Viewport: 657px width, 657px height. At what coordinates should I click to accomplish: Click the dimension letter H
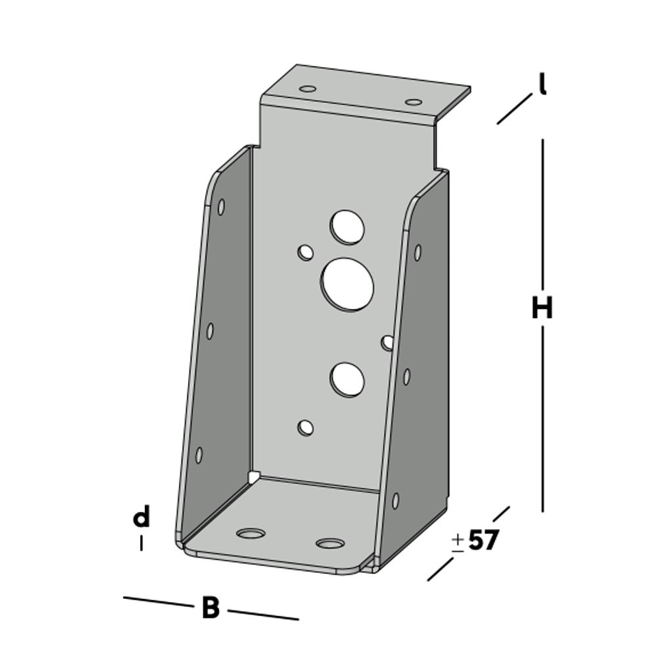coord(542,307)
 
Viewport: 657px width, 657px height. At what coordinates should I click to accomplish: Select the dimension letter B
coord(210,608)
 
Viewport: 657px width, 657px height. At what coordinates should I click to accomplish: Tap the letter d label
coord(141,518)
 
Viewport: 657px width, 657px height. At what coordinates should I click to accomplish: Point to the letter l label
coord(543,85)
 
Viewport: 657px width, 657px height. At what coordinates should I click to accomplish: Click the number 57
coord(484,540)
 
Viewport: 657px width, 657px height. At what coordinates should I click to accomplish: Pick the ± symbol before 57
coord(458,541)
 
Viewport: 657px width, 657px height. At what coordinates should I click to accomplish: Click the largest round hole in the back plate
coord(347,284)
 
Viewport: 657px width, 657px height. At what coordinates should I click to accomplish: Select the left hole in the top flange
coord(307,88)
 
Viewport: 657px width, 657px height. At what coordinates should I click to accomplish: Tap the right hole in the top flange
coord(413,102)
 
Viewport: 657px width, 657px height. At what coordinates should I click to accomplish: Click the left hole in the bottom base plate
coord(250,533)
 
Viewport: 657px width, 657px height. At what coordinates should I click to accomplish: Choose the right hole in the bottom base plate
coord(330,543)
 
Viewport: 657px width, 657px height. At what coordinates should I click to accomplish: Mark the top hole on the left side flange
coord(221,207)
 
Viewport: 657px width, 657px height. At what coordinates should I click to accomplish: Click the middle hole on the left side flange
coord(210,330)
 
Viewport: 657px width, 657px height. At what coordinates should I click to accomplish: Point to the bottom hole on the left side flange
coord(199,454)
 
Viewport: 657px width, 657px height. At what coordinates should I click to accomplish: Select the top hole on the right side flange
coord(417,252)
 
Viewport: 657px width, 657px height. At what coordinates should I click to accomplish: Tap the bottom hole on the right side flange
coord(396,501)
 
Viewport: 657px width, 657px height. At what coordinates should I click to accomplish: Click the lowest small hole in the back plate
coord(306,428)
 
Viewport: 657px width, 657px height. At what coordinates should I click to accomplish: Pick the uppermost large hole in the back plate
coord(348,227)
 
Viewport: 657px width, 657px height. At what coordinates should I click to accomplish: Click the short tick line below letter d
coord(141,543)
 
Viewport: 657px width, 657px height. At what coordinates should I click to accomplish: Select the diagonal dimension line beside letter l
coord(514,109)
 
